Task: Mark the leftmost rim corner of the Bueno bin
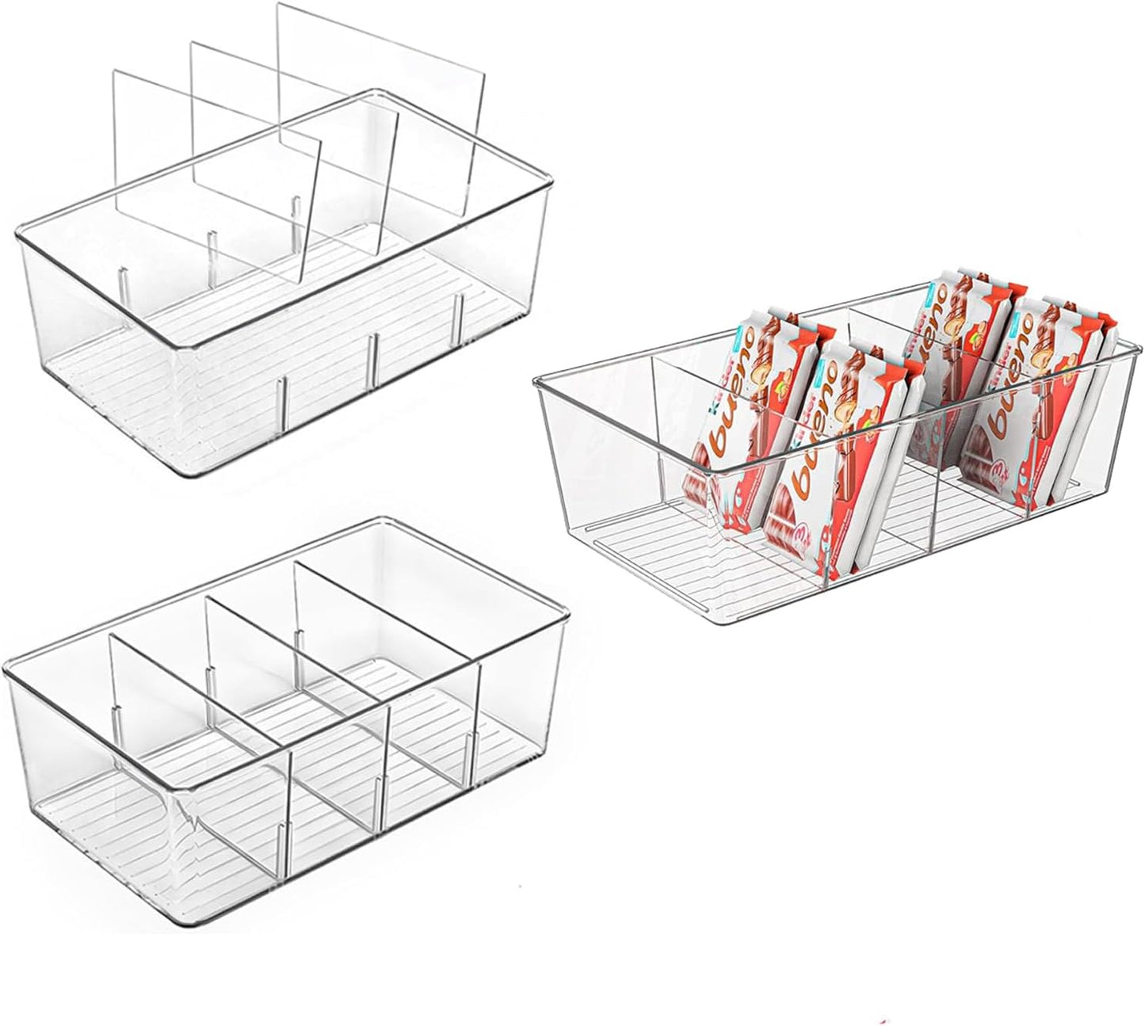click(536, 383)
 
